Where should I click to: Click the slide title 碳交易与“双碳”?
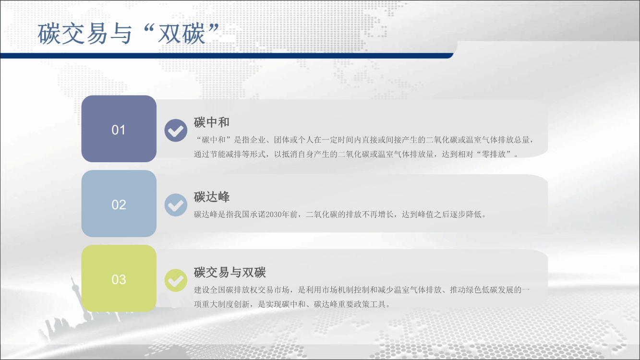point(129,34)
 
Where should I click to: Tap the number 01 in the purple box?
point(118,130)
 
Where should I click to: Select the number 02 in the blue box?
point(119,205)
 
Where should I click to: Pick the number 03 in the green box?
point(119,279)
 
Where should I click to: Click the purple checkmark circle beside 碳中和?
point(176,130)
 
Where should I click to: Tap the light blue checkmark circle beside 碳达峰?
point(176,205)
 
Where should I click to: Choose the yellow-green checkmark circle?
point(176,280)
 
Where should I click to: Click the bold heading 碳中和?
point(211,122)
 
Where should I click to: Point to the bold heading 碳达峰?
point(211,197)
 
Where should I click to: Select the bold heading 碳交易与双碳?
point(229,272)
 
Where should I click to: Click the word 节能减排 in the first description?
point(226,154)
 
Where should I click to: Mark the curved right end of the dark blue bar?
point(451,55)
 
